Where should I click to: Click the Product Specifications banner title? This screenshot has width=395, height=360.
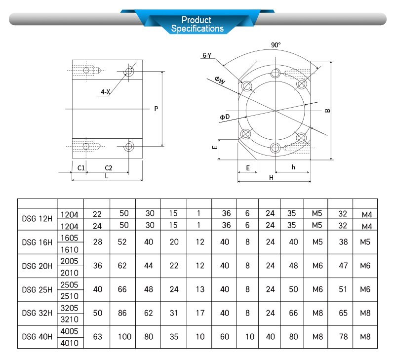point(197,24)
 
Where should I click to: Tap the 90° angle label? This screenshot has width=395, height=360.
point(276,45)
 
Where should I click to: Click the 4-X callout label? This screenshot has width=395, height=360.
point(105,92)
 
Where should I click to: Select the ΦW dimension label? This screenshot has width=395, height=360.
point(220,81)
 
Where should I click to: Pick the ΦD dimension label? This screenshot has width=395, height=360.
point(225,117)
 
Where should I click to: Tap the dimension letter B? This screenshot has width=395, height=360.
point(327,111)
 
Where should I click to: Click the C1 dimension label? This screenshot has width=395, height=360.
point(81,168)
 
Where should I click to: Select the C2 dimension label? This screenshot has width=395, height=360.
point(108,168)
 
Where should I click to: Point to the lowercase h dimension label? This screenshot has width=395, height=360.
point(293,167)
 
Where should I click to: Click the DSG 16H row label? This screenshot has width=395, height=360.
point(37,242)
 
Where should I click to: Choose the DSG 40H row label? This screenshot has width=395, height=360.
point(37,337)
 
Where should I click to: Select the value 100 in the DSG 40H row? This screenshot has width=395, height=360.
point(124,337)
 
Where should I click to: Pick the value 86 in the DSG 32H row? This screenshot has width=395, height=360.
point(123,313)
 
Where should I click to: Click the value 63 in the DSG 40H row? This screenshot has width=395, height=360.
point(97,337)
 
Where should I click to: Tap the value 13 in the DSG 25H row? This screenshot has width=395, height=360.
point(199,289)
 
